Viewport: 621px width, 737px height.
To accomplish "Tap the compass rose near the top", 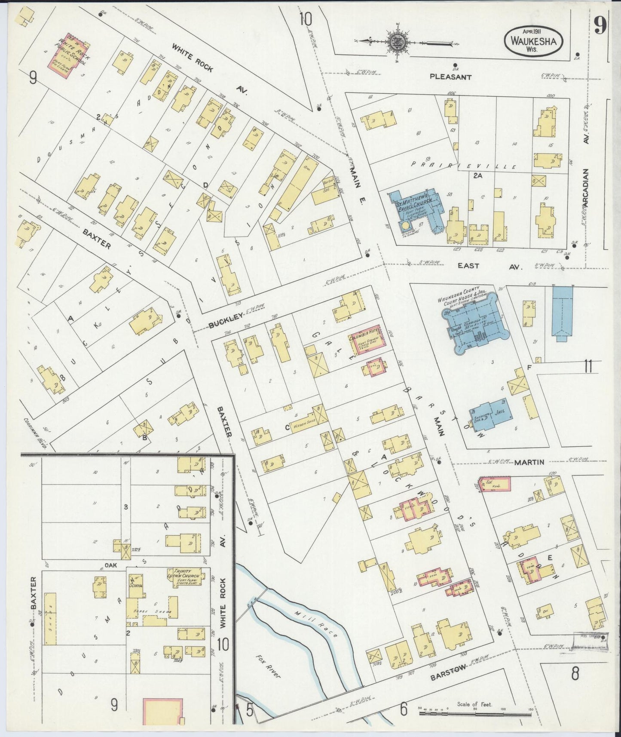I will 395,42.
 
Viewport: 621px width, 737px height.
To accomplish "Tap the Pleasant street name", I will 450,77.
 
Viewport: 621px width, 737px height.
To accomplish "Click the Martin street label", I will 529,462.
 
